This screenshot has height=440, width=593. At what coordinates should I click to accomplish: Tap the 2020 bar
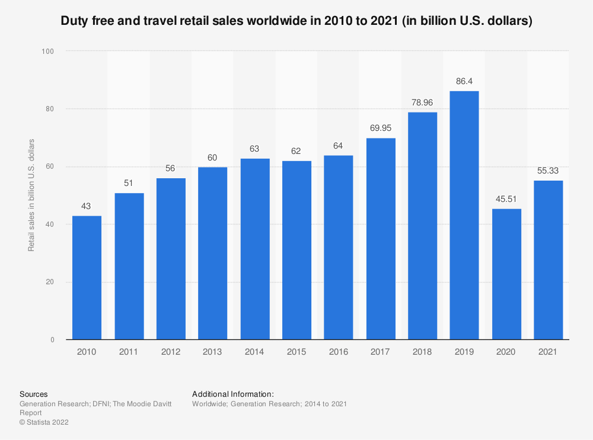506,274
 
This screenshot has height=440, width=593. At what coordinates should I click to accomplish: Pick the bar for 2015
296,250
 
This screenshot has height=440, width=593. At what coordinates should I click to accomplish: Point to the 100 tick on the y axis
48,52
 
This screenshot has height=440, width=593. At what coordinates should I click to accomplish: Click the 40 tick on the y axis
50,224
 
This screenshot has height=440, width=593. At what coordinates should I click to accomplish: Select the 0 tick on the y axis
52,340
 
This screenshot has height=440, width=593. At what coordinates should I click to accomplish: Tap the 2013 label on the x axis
212,352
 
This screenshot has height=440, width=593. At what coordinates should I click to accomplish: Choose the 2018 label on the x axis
422,352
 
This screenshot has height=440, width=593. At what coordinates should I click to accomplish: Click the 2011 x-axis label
129,352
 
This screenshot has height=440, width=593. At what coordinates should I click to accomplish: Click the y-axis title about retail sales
31,195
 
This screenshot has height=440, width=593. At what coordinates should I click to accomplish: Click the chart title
296,21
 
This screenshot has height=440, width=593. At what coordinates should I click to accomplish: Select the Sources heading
34,394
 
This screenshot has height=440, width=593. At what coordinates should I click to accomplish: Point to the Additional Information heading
232,394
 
